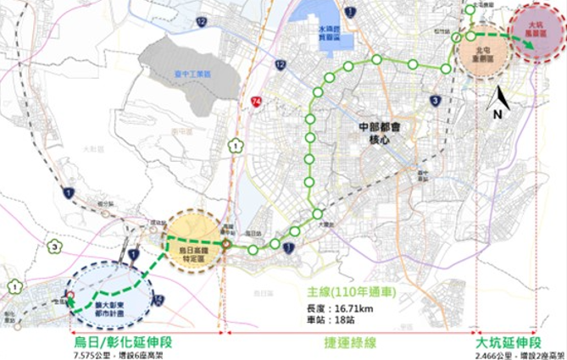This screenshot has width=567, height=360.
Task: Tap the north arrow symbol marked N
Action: click(499, 99)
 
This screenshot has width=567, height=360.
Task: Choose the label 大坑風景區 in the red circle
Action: click(535, 33)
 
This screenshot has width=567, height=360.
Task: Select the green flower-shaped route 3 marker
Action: click(53, 247)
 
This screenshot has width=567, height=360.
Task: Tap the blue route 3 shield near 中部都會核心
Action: click(435, 101)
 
